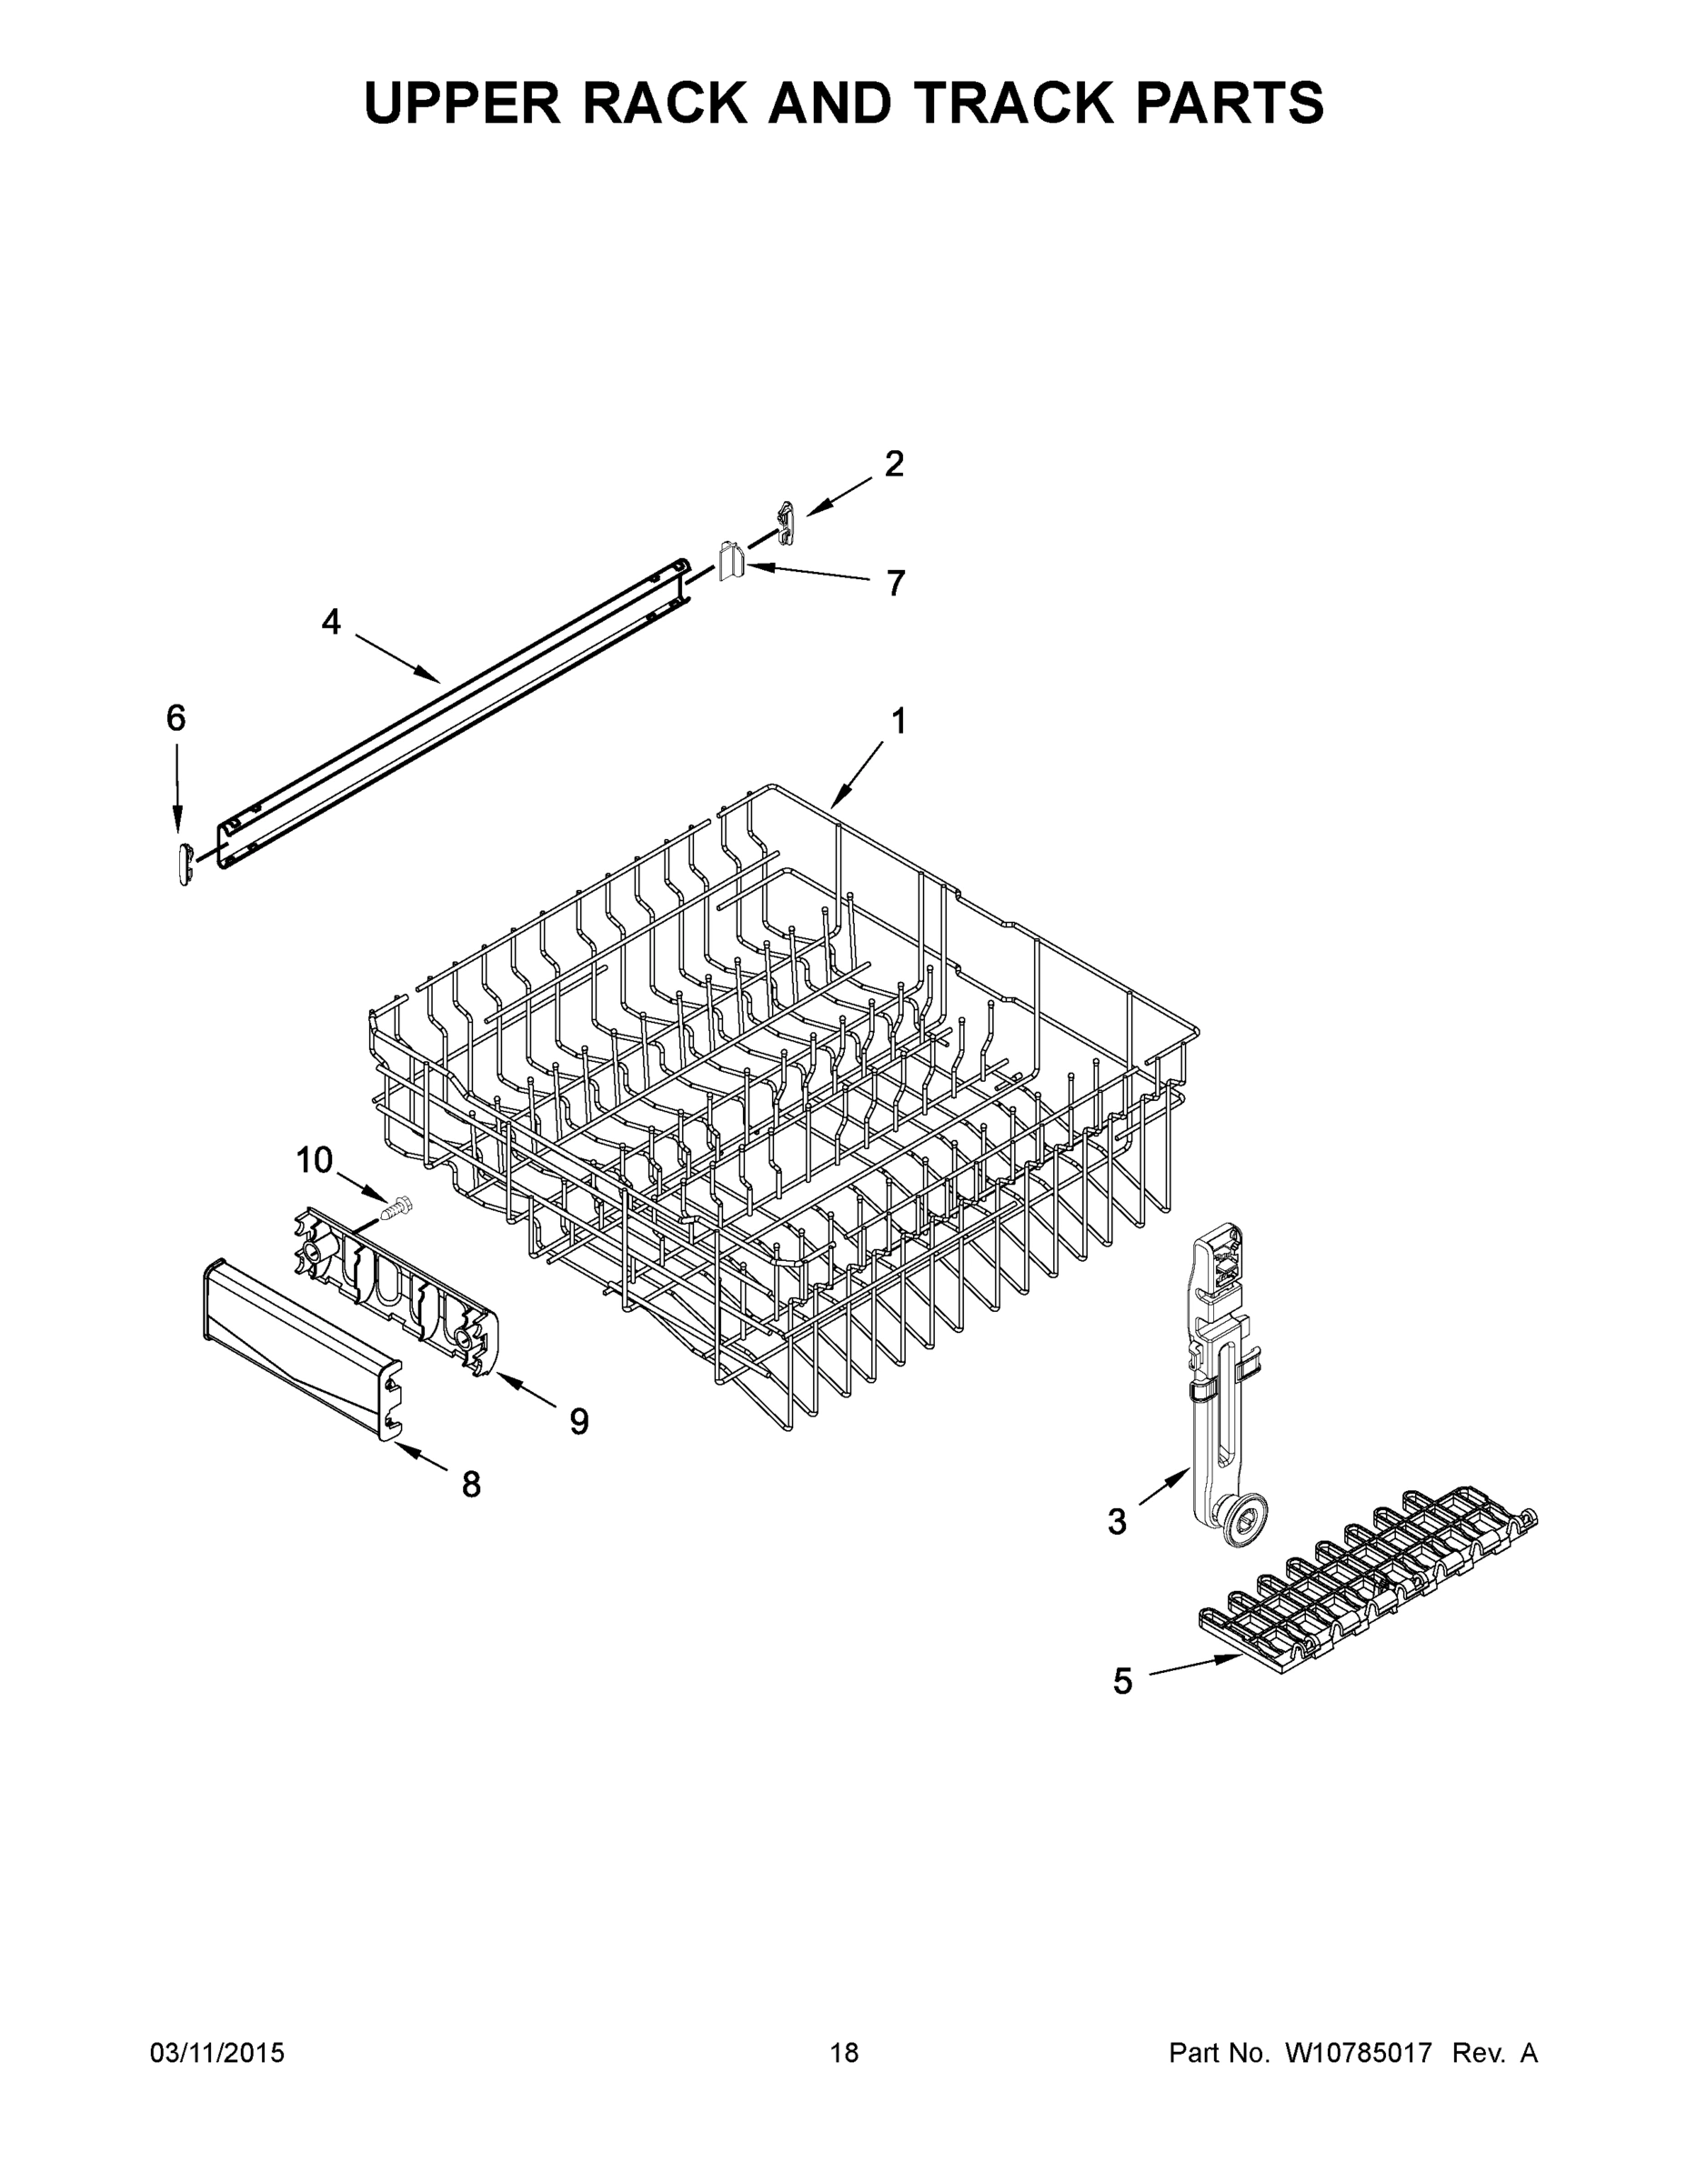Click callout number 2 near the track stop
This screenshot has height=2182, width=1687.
[893, 464]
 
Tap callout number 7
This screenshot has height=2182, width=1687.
[896, 583]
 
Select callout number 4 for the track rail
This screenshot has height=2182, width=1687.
[331, 623]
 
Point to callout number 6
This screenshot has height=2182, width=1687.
[176, 717]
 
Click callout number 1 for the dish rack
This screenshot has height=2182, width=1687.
[899, 721]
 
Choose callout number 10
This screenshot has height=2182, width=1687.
[314, 1160]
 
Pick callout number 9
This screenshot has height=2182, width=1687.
[578, 1421]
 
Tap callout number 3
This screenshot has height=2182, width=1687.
[1117, 1522]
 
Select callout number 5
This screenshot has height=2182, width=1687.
[1123, 1681]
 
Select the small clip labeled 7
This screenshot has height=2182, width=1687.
[731, 562]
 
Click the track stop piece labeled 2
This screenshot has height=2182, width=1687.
[787, 524]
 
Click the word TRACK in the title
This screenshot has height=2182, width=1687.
[1028, 103]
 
